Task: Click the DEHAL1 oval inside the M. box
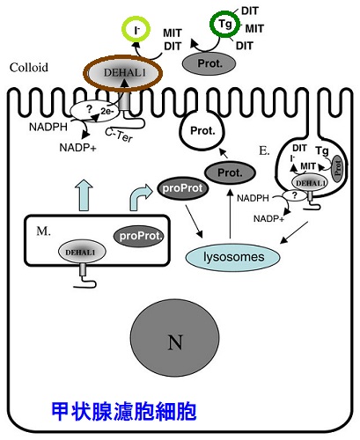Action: pos(86,251)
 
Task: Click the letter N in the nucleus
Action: pos(174,341)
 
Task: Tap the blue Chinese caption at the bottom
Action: pos(123,411)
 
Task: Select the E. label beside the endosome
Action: pos(265,150)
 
